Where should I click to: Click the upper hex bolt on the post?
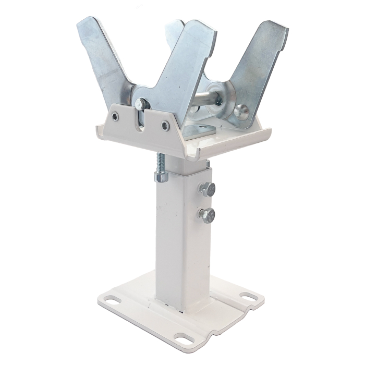208,190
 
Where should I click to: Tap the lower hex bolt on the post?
206,214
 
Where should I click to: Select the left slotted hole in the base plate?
111,300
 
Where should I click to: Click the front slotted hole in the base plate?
184,338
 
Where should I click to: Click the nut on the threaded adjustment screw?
161,177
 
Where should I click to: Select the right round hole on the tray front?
165,125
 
